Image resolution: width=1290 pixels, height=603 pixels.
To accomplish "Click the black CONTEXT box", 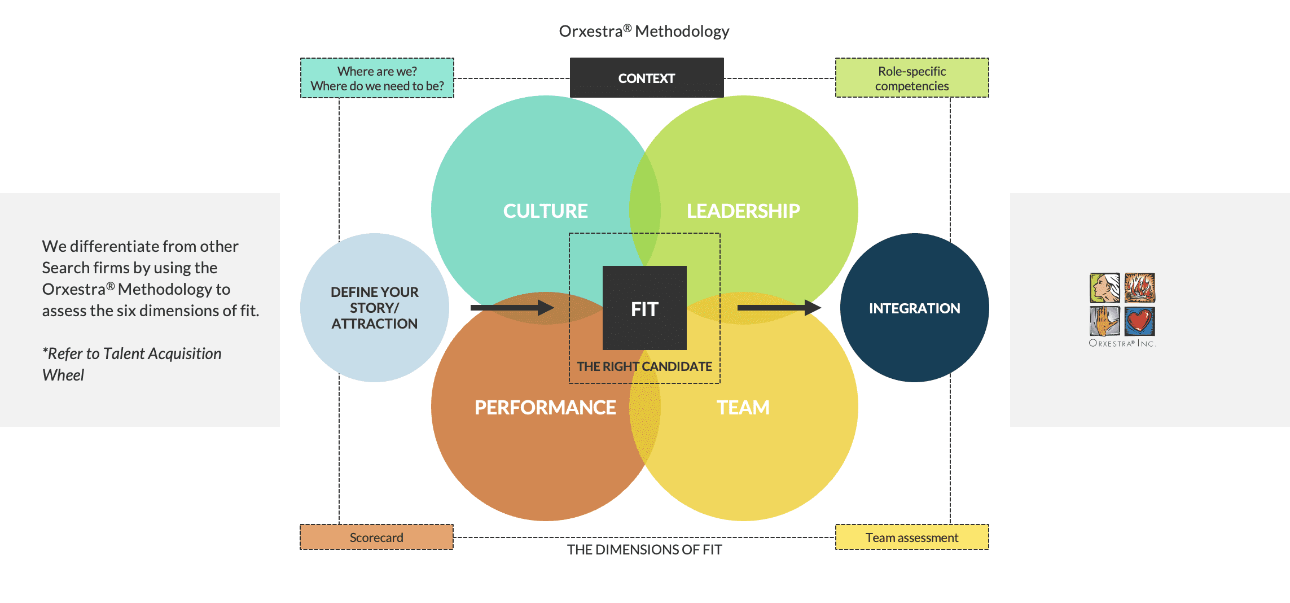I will (647, 78).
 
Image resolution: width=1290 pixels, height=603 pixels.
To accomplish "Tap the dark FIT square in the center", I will (644, 308).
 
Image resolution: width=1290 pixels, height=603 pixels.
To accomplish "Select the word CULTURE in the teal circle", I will (545, 211).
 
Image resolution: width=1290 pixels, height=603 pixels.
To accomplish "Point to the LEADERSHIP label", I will (743, 211).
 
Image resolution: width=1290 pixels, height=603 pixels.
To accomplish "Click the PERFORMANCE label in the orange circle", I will (545, 408).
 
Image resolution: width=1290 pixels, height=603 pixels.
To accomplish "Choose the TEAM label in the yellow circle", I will (743, 408).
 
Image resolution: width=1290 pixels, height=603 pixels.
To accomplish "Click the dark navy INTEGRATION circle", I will (914, 308).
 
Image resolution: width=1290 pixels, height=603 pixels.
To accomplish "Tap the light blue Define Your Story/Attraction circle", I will (375, 308).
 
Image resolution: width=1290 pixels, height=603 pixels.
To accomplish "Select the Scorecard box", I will (376, 538).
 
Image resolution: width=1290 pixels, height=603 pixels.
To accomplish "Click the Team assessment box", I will (912, 538).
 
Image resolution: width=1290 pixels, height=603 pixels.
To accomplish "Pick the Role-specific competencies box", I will (912, 78).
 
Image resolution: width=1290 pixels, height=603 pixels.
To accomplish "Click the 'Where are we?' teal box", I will (377, 78).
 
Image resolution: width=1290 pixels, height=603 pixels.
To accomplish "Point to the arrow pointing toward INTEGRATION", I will (779, 308).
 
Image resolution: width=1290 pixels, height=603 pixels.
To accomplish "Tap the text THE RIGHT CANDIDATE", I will (644, 366).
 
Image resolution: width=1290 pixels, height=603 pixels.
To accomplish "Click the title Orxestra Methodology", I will (644, 31).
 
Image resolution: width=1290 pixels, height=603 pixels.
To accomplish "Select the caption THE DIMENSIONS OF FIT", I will (644, 550).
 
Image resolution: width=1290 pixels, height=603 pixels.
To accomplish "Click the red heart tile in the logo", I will (1139, 321).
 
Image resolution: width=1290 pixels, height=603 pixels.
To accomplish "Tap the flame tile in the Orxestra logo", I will (1139, 287).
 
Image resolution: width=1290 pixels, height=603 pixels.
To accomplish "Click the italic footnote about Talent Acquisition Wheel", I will (131, 364).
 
